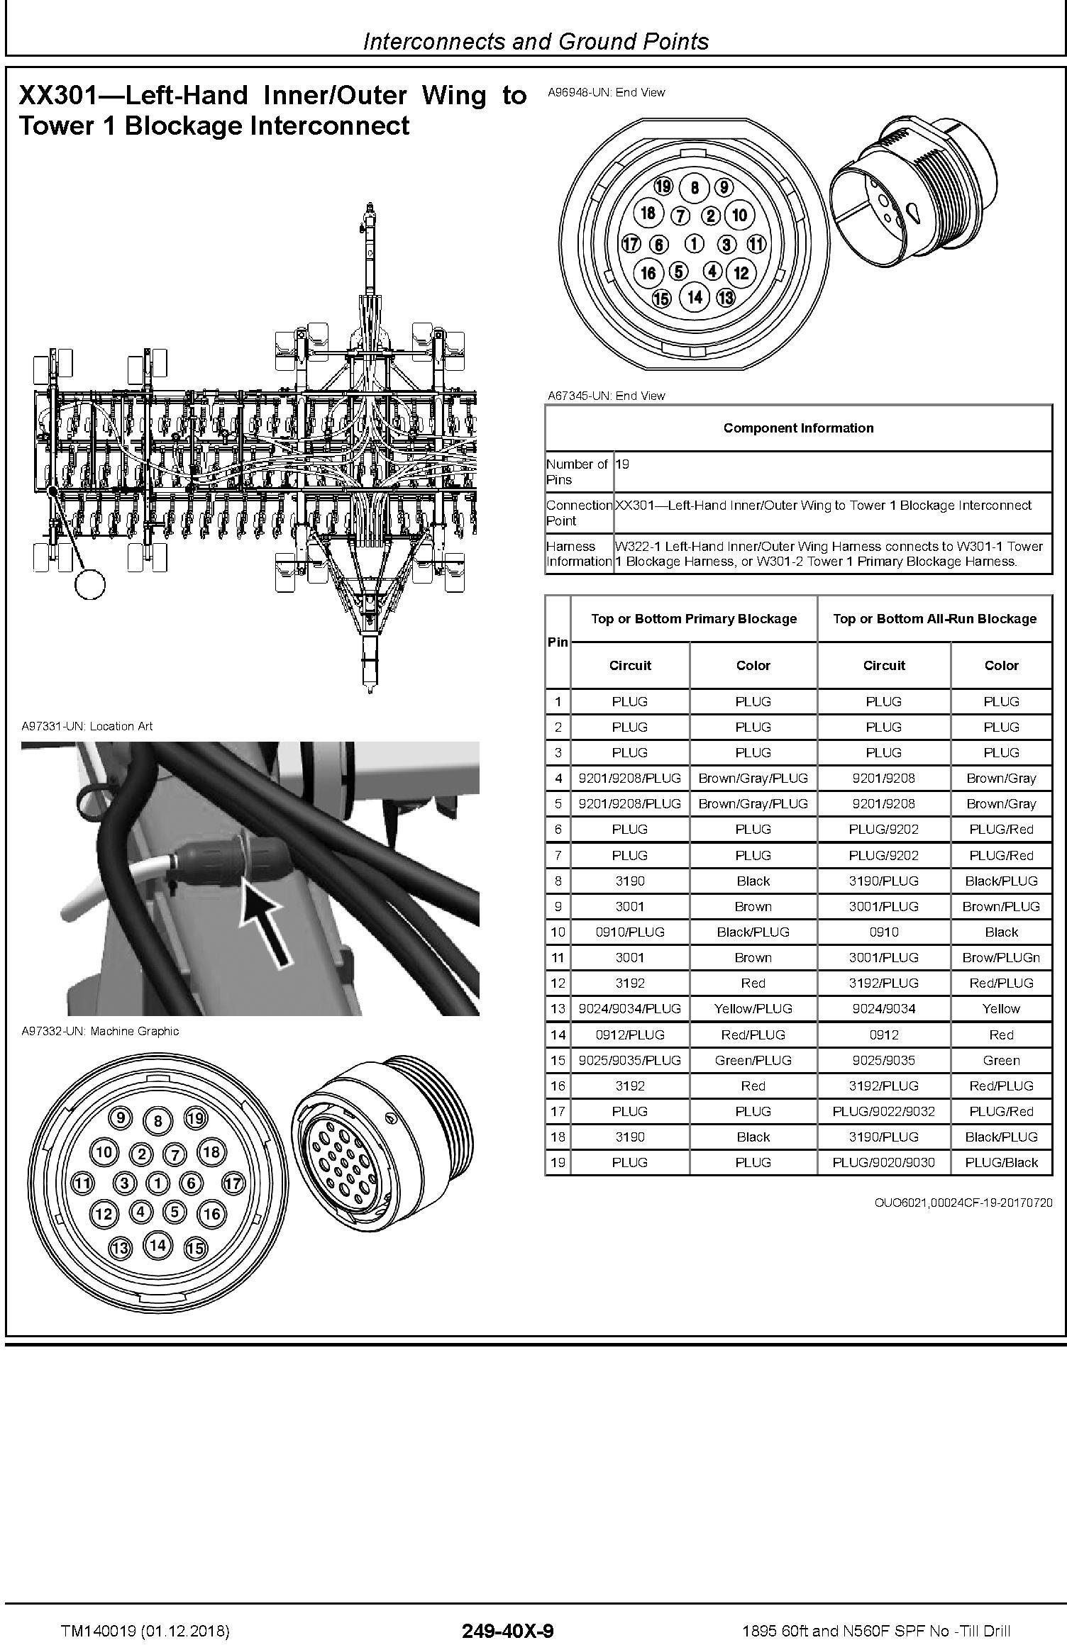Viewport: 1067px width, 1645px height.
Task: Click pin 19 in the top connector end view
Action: pos(663,186)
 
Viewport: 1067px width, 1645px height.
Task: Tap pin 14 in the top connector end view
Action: pos(695,296)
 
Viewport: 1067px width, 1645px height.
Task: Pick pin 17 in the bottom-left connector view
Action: pos(233,1183)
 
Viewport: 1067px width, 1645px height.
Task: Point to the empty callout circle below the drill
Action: pos(89,584)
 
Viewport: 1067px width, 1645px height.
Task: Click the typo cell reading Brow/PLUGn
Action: pos(1001,957)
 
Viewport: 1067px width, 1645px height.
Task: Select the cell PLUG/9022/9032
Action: pos(883,1111)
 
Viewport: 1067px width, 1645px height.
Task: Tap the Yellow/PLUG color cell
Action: pos(753,1008)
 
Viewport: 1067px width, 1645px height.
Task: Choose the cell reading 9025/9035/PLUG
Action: pos(629,1060)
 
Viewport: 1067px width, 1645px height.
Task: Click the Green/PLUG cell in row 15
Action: pos(753,1060)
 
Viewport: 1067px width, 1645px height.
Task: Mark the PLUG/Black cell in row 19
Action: pos(1001,1162)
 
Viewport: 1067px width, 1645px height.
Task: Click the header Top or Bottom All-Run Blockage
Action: pos(934,618)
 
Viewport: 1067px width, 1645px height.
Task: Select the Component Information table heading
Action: pos(798,428)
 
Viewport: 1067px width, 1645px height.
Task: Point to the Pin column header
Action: pos(558,642)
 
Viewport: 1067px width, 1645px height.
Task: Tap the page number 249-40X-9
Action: pos(507,1611)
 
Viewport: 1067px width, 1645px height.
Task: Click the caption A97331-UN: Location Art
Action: pos(87,726)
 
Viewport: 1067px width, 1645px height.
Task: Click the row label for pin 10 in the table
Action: pos(558,932)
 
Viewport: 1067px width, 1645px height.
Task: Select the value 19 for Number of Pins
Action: pos(622,464)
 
